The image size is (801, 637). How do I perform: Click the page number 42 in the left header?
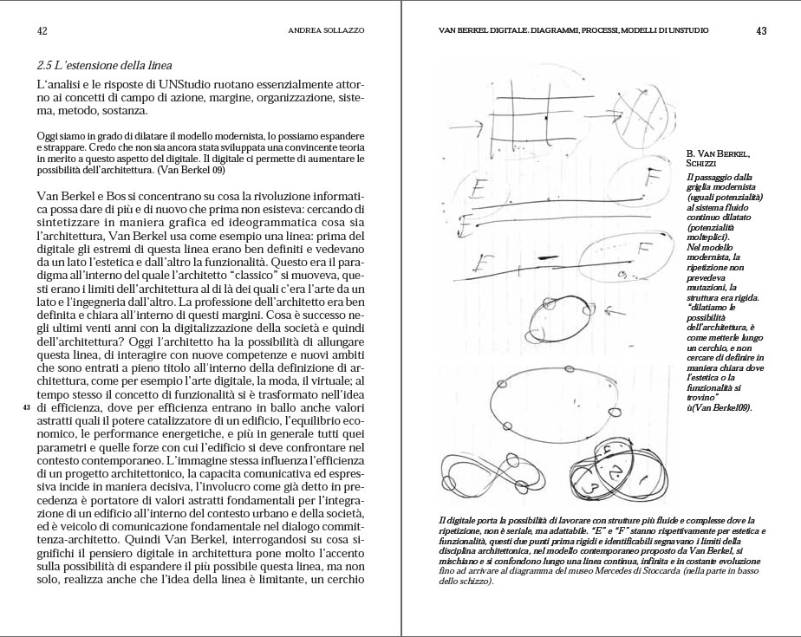point(42,30)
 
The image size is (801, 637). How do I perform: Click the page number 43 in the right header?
point(761,30)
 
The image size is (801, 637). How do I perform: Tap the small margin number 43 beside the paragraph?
point(26,406)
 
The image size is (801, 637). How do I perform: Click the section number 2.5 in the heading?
point(47,66)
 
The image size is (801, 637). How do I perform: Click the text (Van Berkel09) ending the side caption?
point(722,407)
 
